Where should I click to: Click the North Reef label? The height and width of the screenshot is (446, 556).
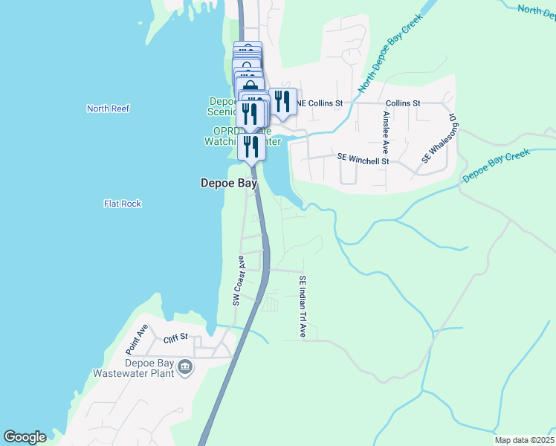click(108, 109)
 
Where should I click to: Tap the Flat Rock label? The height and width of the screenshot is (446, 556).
click(123, 204)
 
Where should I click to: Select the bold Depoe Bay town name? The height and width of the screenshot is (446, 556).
click(229, 183)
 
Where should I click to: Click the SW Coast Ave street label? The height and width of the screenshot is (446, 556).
click(239, 281)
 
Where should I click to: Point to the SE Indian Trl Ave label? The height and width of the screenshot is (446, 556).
click(303, 306)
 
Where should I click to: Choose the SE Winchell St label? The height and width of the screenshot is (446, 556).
click(363, 159)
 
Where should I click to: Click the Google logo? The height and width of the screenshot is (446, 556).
click(25, 437)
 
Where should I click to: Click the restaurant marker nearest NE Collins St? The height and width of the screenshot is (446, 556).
click(282, 102)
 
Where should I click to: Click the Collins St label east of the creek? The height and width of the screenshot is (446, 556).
click(403, 103)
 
